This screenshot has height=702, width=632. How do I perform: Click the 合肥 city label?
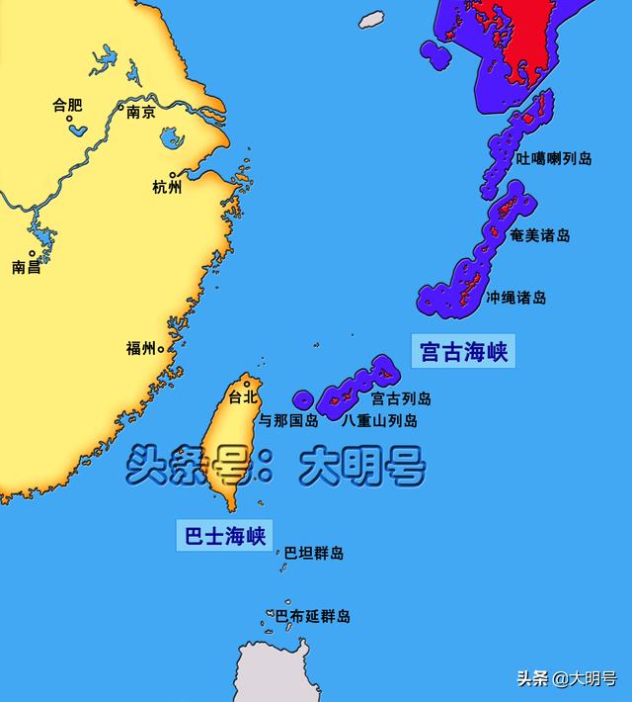tap(69, 104)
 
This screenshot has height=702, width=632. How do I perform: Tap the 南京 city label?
tap(141, 112)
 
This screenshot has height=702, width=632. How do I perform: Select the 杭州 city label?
tap(167, 187)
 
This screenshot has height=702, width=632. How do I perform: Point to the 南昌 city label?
tap(27, 267)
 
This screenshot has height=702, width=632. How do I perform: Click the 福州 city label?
tap(140, 348)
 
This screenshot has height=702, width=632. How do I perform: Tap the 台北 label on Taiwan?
tap(243, 397)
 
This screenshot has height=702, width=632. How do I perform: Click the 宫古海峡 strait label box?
tap(463, 351)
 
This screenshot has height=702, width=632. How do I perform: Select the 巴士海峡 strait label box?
tap(225, 536)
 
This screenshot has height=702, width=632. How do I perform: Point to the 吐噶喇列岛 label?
tap(554, 158)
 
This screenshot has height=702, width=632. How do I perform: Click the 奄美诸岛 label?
tap(540, 235)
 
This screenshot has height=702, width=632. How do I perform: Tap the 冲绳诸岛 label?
tap(516, 297)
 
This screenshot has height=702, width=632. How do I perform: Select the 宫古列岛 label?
tap(401, 399)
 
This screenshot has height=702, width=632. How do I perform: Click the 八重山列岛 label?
tap(379, 420)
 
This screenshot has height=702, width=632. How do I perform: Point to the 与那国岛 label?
tap(288, 420)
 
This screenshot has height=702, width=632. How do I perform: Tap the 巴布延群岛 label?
tap(312, 616)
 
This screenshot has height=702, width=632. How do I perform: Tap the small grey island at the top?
tap(371, 19)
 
